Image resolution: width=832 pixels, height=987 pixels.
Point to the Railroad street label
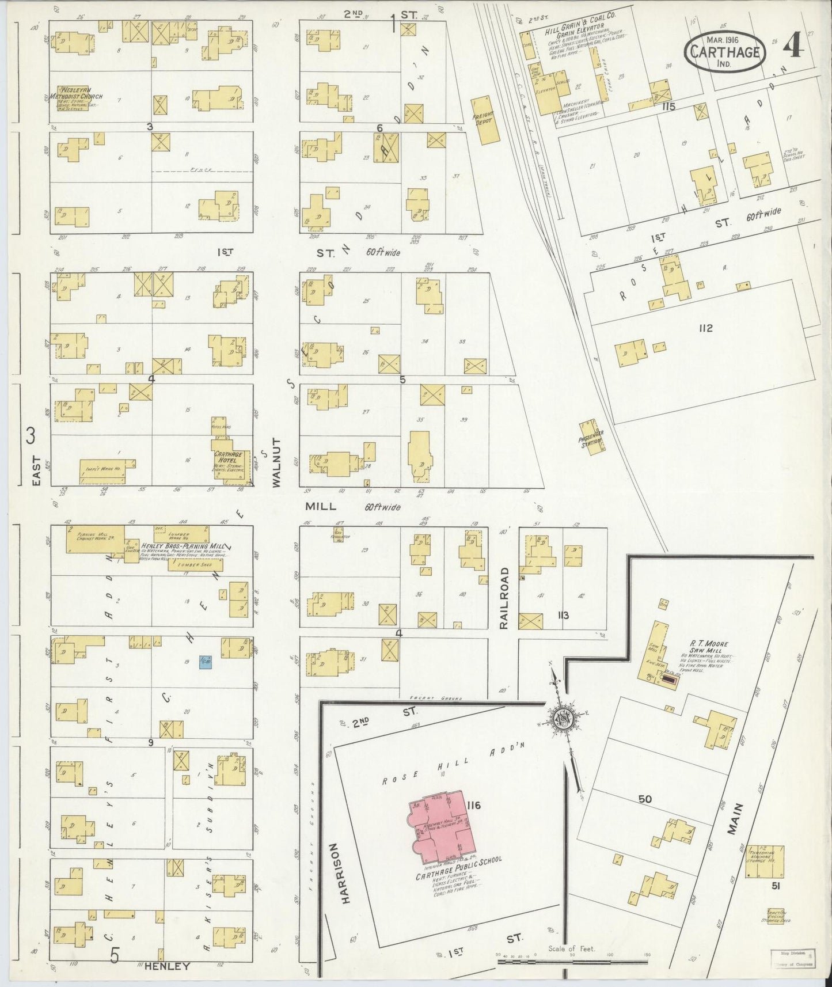504,598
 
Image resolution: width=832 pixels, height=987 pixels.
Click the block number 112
705,328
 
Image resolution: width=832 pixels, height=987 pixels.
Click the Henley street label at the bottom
168,966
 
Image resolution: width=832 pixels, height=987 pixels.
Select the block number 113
563,615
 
